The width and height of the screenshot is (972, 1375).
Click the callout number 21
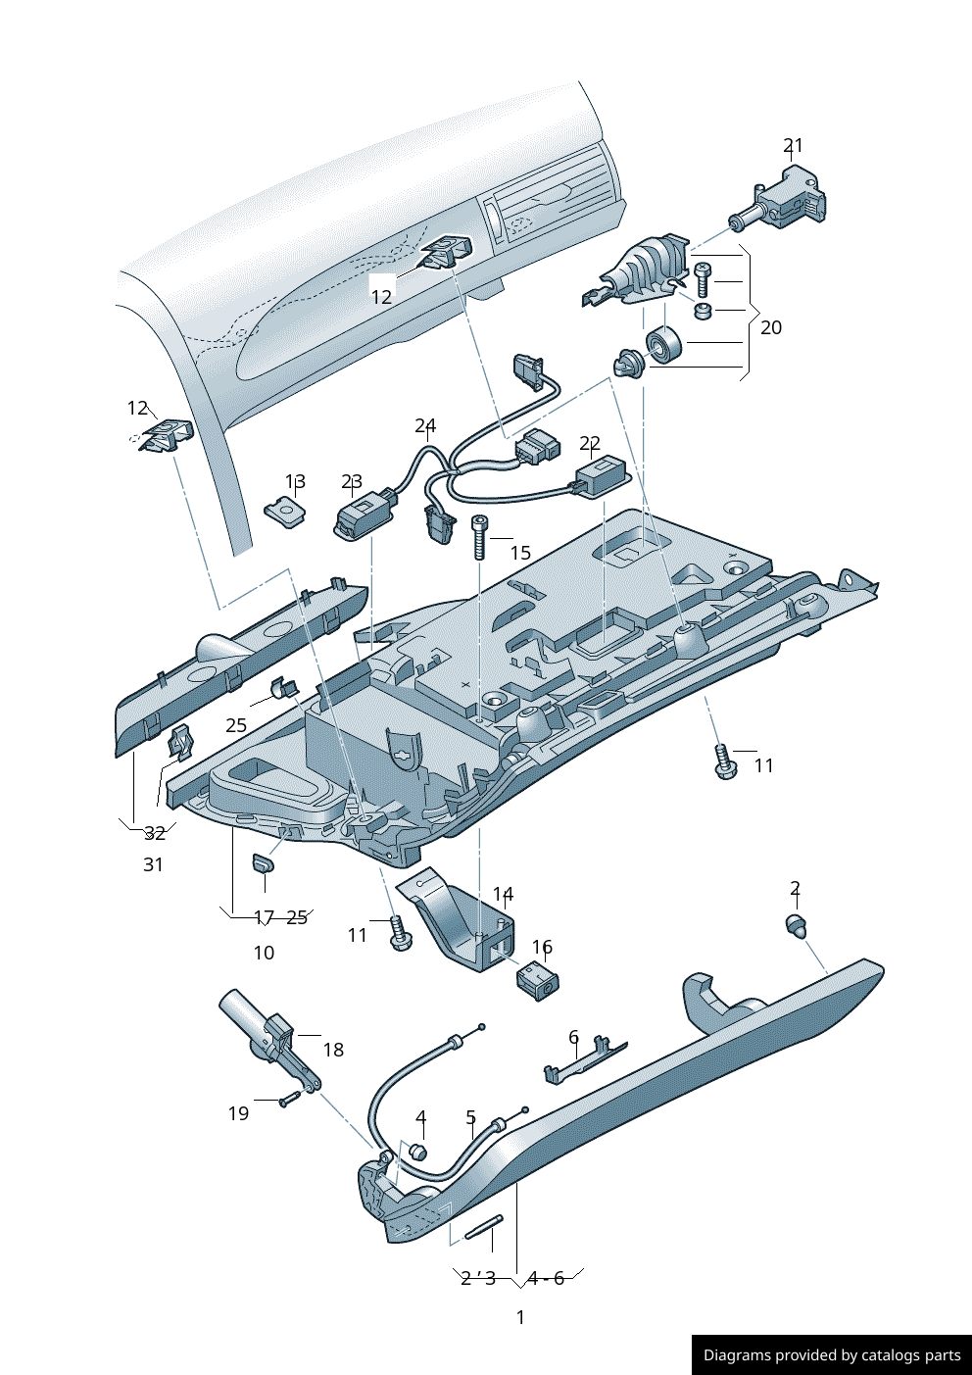[x=793, y=145]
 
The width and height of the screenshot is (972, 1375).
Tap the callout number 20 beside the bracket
[x=771, y=327]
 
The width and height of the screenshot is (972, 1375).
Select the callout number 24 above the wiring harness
[x=424, y=425]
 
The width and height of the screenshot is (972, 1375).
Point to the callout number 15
[x=520, y=553]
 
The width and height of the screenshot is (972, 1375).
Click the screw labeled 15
[x=479, y=536]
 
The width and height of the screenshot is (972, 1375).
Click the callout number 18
[x=333, y=1050]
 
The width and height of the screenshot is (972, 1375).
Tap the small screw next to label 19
[x=288, y=1100]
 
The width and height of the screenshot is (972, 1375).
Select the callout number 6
[x=573, y=1037]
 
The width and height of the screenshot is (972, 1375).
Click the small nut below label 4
[x=417, y=1152]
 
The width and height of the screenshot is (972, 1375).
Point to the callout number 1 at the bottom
[x=520, y=1317]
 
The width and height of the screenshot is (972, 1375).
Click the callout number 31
[x=153, y=864]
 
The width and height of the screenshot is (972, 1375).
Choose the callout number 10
[x=264, y=953]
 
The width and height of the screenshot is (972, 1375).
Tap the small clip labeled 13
[x=285, y=511]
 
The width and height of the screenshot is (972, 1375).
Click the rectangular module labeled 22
[x=601, y=476]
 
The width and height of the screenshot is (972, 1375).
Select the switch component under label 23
[x=361, y=516]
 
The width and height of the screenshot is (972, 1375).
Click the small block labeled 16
[x=536, y=979]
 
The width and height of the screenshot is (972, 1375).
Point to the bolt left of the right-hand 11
[x=723, y=761]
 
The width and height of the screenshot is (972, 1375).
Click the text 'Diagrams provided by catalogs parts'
[x=832, y=1355]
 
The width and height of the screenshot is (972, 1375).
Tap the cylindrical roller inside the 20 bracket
[x=663, y=345]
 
